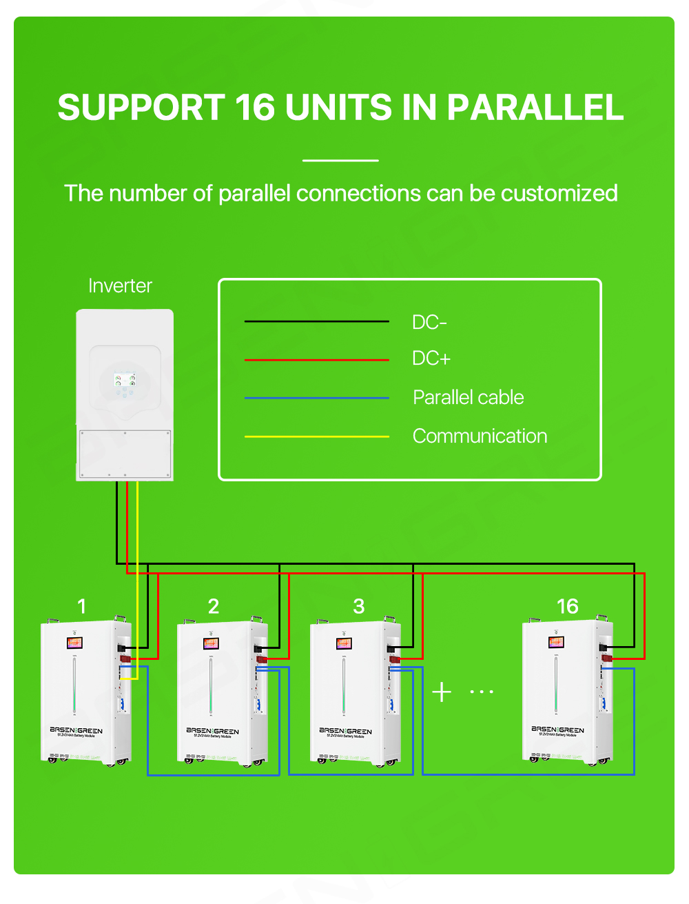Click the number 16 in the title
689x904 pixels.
point(255,108)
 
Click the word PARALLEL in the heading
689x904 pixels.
point(535,108)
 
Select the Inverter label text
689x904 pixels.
point(120,286)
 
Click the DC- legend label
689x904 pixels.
point(429,322)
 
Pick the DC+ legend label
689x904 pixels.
point(431,359)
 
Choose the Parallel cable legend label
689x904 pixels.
point(468,398)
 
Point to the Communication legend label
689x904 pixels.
point(480,436)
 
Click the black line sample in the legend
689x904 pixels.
point(316,321)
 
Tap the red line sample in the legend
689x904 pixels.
point(316,360)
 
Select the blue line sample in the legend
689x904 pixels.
point(316,398)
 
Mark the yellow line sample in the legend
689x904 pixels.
point(316,436)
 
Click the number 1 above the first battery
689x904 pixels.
point(82,607)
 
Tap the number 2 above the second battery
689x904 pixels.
point(214,607)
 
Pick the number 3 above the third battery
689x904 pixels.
point(359,607)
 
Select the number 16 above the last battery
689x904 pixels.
point(567,607)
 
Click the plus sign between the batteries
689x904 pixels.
point(442,692)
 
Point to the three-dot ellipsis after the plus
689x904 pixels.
point(482,692)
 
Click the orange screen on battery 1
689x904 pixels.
point(74,643)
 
